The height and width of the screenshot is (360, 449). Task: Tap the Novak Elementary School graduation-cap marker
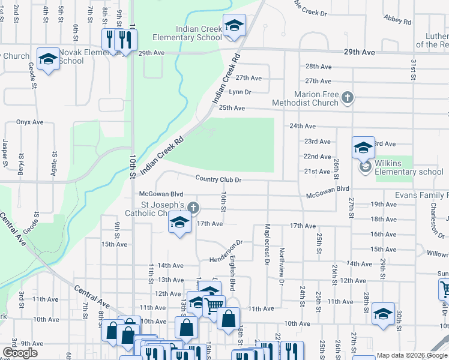pos(48,59)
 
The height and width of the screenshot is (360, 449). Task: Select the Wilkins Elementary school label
pos(409,172)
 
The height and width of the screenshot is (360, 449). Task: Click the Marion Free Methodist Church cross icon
pos(346,97)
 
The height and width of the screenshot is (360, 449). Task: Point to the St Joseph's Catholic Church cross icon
pos(193,208)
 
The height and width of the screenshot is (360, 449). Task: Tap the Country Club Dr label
pos(218,179)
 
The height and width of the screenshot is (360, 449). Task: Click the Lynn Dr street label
pos(240,92)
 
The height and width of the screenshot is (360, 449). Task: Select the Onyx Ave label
pos(30,122)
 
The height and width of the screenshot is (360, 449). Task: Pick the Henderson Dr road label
pos(225,252)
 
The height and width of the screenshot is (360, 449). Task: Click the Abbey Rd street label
pos(398,21)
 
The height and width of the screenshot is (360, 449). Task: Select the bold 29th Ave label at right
pos(358,53)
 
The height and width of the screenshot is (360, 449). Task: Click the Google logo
pos(20,352)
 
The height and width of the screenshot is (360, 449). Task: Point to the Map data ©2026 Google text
pos(411,355)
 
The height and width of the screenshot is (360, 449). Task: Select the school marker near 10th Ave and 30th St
pos(383,314)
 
